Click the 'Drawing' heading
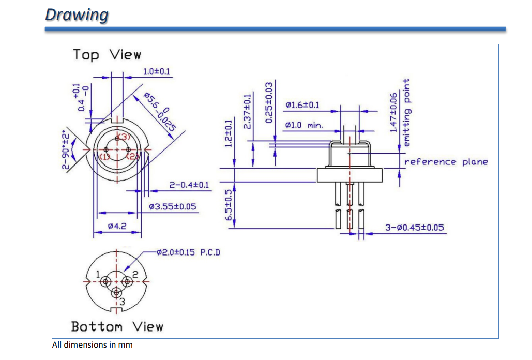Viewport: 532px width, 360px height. pos(77,14)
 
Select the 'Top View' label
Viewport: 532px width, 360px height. pos(107,54)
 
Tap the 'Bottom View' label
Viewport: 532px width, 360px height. pos(117,326)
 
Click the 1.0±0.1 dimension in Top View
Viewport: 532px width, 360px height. pos(156,71)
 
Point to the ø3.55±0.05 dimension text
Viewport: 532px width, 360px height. pos(172,206)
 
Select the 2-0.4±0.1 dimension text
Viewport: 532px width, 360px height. pos(189,185)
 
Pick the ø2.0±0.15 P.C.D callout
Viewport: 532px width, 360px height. pos(189,252)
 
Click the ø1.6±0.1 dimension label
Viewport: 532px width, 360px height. pos(302,106)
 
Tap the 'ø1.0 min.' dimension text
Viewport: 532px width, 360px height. pos(304,125)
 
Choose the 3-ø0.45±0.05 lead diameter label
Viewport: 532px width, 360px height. pos(415,228)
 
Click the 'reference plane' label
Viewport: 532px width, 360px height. pos(446,162)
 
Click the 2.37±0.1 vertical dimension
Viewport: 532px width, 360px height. pos(248,111)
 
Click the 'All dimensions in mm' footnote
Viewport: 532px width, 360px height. pos(93,344)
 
